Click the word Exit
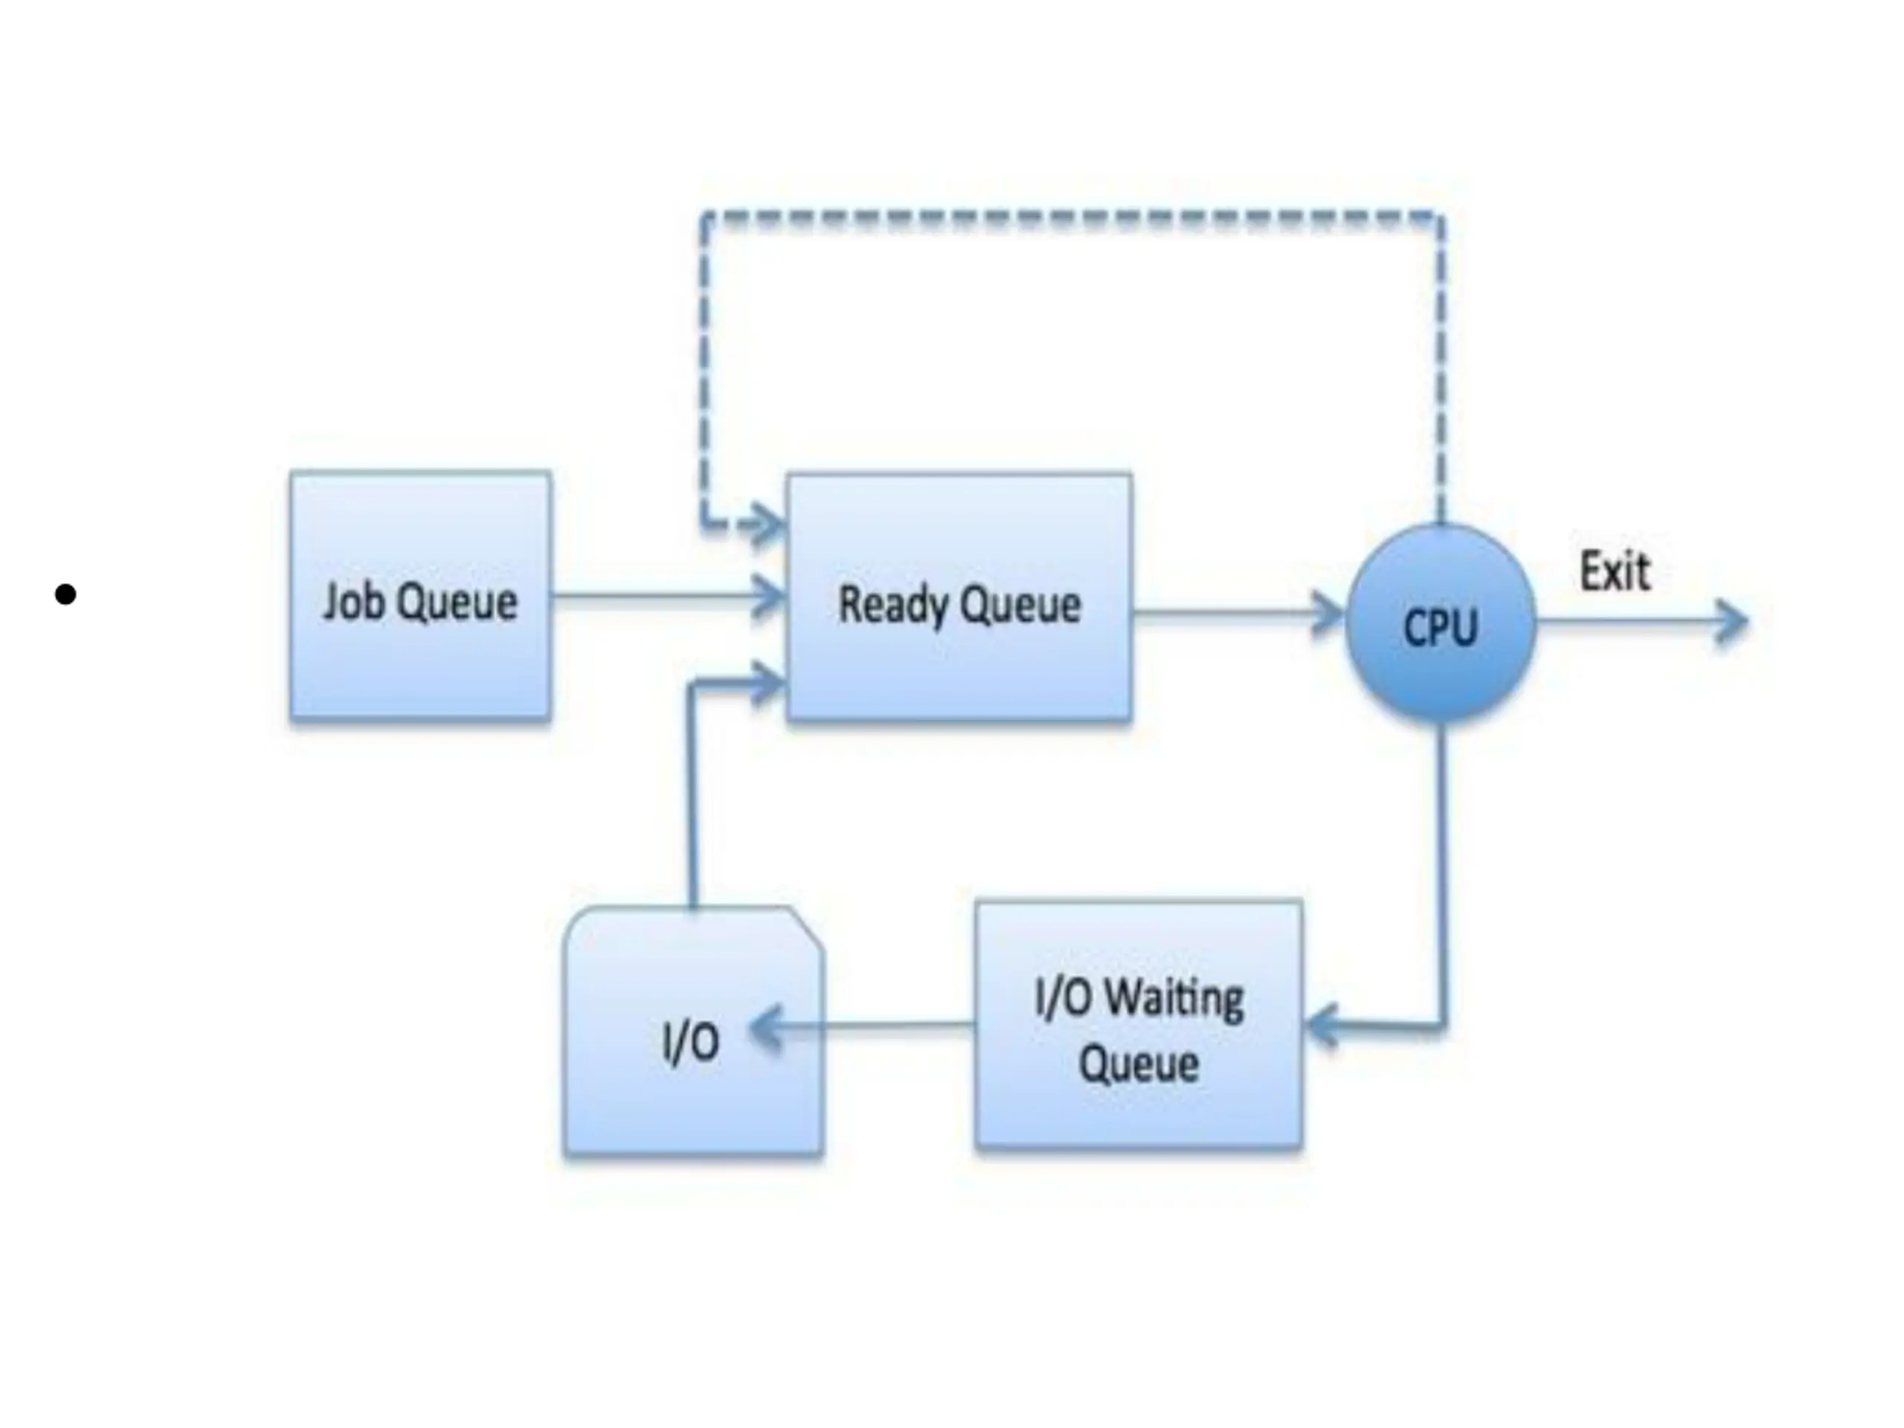pyautogui.click(x=1615, y=571)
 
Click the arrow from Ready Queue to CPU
pyautogui.click(x=1231, y=614)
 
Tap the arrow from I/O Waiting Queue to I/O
pyautogui.click(x=869, y=1026)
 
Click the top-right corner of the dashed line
pyautogui.click(x=1439, y=217)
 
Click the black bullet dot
pyautogui.click(x=65, y=594)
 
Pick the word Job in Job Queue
pyautogui.click(x=353, y=600)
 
